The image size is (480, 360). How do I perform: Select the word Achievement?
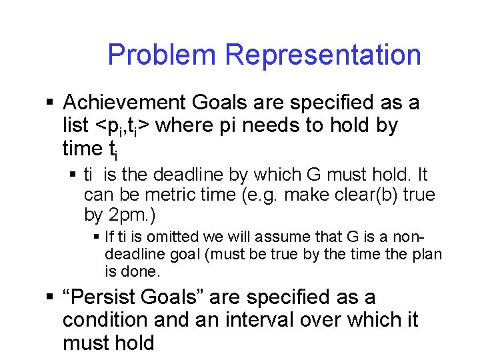click(125, 103)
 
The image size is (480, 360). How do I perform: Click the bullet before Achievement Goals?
click(49, 103)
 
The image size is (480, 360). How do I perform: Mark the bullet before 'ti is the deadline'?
click(74, 175)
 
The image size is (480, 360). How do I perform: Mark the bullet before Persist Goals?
click(49, 297)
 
